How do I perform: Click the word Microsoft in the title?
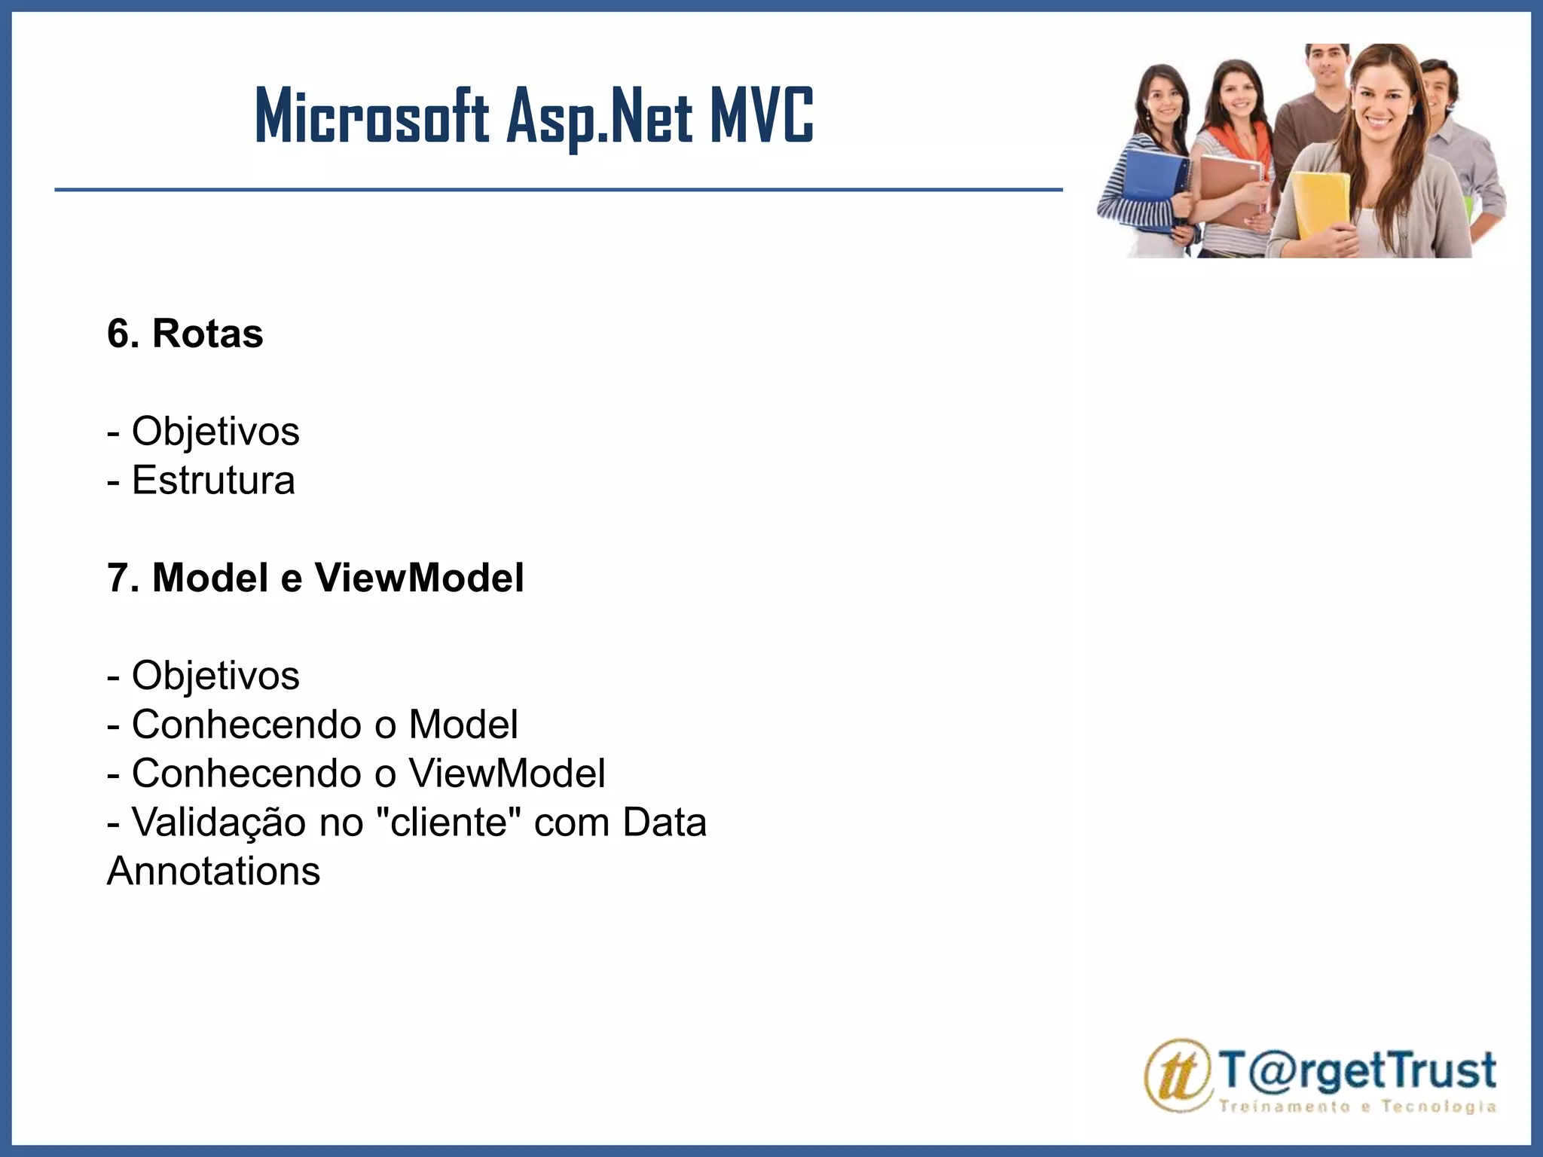point(372,117)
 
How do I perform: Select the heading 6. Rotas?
point(185,334)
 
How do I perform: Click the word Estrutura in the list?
point(213,481)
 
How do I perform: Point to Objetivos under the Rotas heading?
point(215,432)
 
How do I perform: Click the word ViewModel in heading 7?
point(419,578)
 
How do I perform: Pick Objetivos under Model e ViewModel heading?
point(215,676)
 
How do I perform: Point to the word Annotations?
point(213,872)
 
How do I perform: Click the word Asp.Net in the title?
point(599,117)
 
